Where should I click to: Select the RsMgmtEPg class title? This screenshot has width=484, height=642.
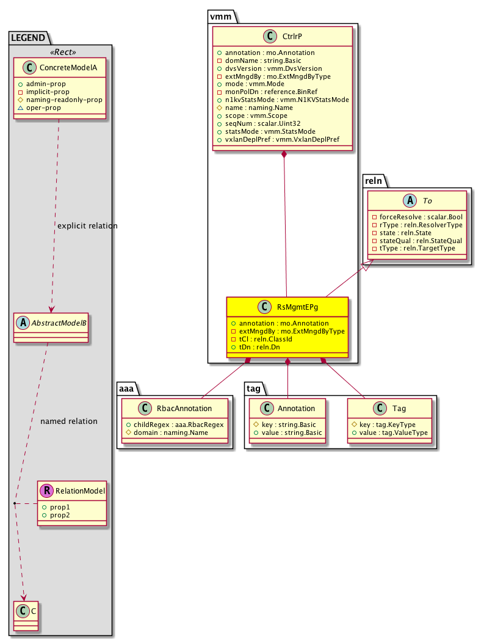pos(297,308)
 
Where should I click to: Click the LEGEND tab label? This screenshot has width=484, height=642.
pos(28,38)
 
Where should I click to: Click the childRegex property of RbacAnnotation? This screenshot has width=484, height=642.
pos(175,424)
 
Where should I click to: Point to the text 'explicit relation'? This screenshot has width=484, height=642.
pos(87,226)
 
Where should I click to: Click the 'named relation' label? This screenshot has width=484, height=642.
pos(68,421)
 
